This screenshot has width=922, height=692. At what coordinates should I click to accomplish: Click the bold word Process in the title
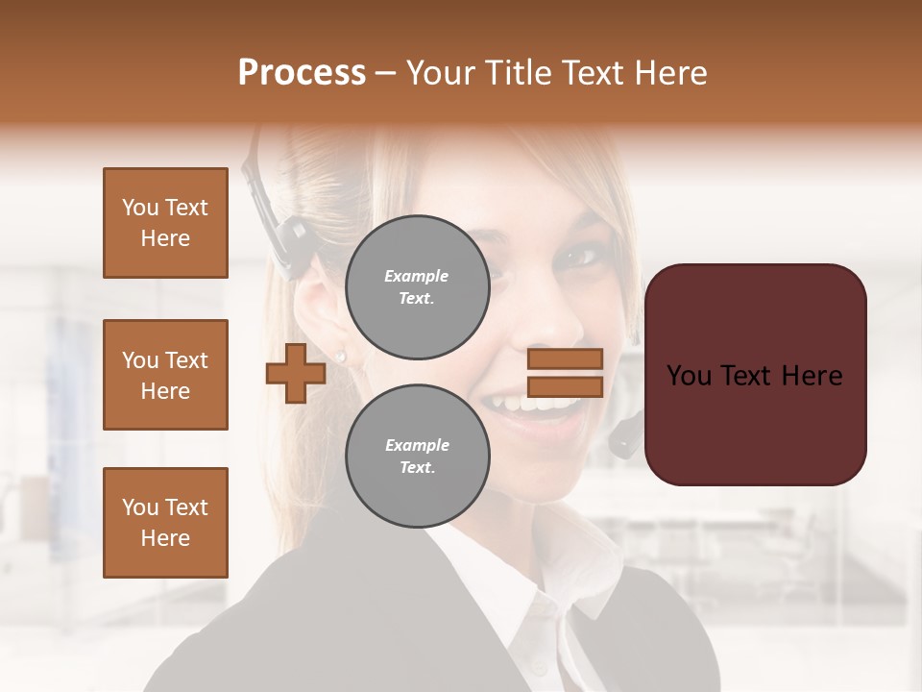tap(302, 73)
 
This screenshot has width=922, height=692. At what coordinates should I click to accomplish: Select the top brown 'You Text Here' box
tap(165, 223)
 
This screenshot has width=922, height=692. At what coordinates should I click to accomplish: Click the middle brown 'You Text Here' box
tap(165, 375)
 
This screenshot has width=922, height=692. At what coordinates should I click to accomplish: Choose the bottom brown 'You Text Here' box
tap(165, 523)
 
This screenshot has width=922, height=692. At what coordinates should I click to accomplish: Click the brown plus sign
tap(296, 373)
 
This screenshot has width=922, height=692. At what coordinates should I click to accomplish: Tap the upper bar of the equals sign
tap(565, 358)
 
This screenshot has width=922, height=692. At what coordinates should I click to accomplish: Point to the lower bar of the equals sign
tap(565, 386)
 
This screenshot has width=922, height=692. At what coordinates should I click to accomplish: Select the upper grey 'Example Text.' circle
tap(417, 287)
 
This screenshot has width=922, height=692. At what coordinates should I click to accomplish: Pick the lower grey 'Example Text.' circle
tap(417, 457)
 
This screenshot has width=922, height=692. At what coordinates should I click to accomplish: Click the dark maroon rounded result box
tap(755, 375)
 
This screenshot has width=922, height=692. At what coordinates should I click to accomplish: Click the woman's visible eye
tap(580, 256)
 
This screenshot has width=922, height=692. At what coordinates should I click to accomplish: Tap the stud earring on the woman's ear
tap(341, 357)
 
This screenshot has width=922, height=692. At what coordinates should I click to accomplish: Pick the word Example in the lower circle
tap(417, 445)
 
